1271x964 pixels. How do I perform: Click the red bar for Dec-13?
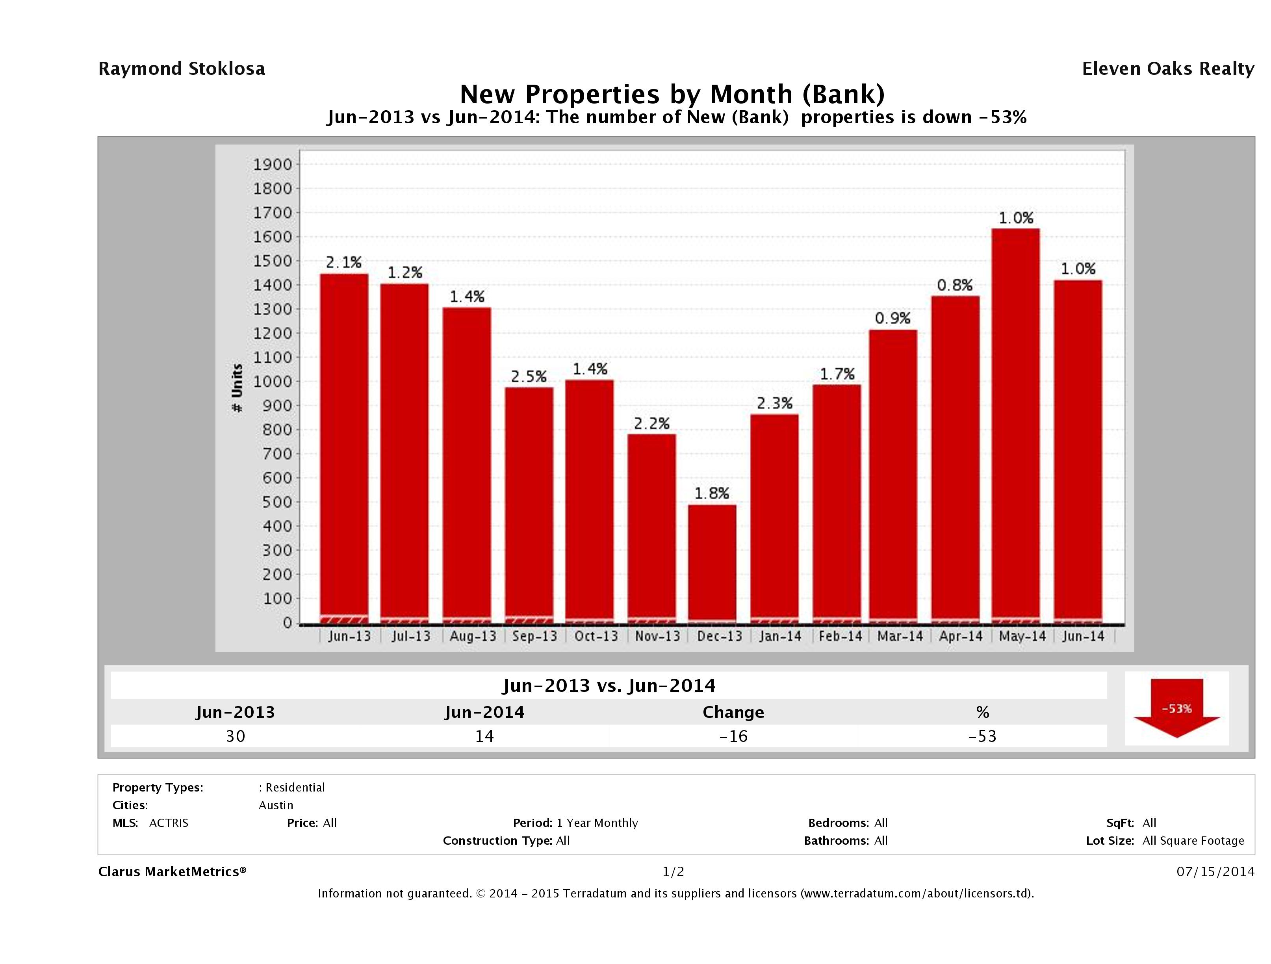click(712, 563)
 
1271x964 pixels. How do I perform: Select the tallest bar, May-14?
click(1016, 425)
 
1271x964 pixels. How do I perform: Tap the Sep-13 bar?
click(529, 506)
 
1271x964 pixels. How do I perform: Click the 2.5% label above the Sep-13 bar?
click(529, 376)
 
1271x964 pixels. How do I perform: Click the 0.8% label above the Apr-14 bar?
click(954, 285)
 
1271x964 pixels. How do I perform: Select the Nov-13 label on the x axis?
click(657, 636)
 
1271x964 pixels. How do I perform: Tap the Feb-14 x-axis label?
click(840, 636)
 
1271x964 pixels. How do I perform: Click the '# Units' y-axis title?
click(237, 388)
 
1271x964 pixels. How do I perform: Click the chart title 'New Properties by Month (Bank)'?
click(672, 94)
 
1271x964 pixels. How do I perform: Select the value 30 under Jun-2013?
click(236, 736)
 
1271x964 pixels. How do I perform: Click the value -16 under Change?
click(733, 736)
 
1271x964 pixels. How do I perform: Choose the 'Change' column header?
click(733, 712)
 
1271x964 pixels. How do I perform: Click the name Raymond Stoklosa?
click(182, 69)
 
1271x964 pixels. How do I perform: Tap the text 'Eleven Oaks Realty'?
click(1167, 69)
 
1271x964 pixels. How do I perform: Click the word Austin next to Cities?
click(276, 805)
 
